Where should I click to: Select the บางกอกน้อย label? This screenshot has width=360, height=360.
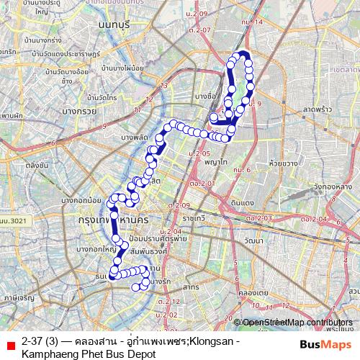[78, 199]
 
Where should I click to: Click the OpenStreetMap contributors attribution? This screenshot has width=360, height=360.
[297, 322]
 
